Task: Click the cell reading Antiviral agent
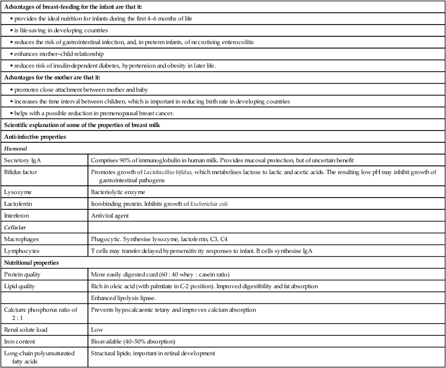pos(109,215)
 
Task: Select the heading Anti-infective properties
pos(34,136)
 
